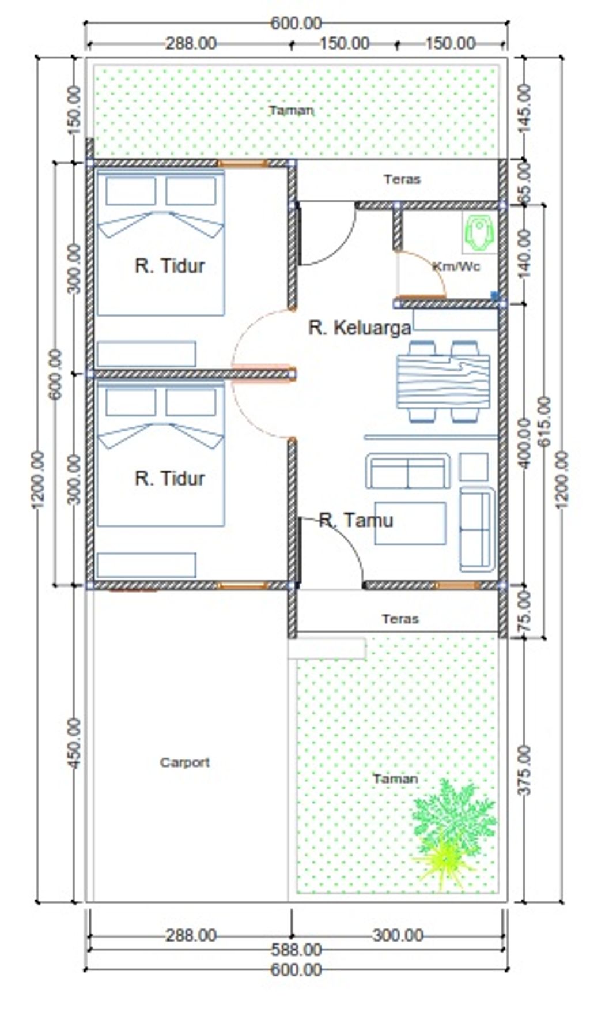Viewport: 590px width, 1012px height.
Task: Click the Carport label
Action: (184, 762)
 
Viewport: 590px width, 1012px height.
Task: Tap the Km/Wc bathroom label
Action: (456, 266)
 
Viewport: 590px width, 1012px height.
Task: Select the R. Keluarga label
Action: (360, 328)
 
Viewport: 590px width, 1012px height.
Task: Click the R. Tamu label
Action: (355, 521)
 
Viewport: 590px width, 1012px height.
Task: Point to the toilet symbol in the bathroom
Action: (479, 232)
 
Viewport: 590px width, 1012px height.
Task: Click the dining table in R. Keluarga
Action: (443, 382)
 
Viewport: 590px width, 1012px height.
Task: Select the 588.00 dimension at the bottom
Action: (296, 949)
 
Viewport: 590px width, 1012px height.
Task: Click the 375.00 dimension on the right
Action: (525, 770)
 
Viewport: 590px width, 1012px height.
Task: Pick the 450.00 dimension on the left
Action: (74, 743)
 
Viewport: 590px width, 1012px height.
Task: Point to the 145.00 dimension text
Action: (525, 108)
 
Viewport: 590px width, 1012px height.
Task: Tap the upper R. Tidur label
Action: (169, 266)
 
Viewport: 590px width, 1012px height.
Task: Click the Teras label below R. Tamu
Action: (400, 619)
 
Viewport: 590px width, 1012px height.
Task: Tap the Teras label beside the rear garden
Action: (402, 179)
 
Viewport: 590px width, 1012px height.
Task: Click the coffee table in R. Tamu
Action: (410, 523)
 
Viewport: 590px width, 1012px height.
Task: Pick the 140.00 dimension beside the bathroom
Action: (525, 253)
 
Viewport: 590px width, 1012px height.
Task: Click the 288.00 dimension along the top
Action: (191, 43)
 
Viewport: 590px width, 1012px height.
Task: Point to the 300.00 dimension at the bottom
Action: (398, 935)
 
